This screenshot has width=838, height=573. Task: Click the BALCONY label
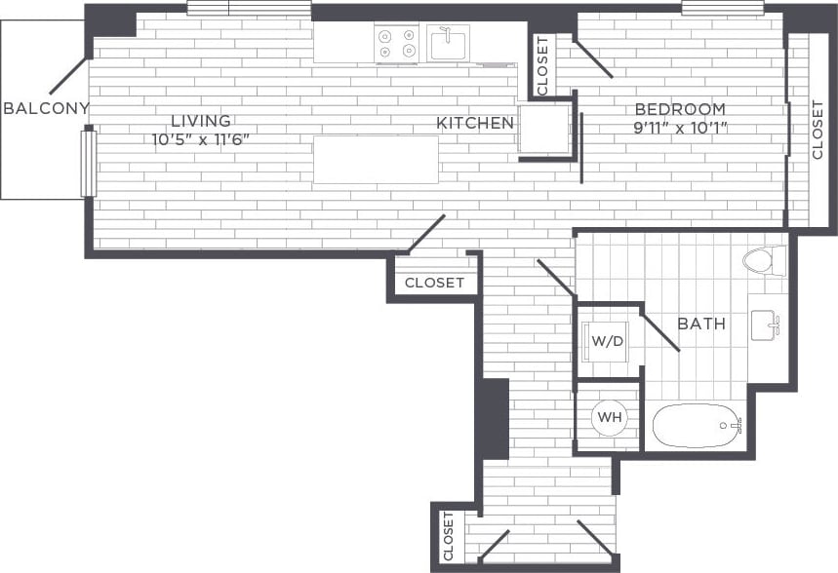coord(46,108)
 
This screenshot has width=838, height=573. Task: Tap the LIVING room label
coord(201,121)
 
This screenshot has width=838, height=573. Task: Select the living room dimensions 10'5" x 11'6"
coord(201,139)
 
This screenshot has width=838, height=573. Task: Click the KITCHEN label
coord(475,123)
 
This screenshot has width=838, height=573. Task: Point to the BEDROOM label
coord(680,109)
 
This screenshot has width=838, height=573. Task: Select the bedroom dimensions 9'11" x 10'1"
coord(680,127)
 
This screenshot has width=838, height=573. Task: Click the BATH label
coord(701,324)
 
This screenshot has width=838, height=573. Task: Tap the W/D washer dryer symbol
coord(607,341)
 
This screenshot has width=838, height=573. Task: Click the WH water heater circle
coord(610,417)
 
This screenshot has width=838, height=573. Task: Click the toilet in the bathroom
coord(764,260)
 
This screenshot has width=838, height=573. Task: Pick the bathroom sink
coord(766,324)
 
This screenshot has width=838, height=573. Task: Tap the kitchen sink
coord(448,43)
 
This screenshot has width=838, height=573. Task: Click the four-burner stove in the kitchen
coord(397,44)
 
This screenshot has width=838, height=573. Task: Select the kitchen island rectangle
coord(376,160)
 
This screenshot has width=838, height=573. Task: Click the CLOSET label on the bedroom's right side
coord(818,130)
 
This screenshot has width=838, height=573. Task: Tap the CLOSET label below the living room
coord(434,283)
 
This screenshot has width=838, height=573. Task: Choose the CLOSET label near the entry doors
coord(449,536)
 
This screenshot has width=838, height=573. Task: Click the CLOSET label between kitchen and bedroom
coord(542,65)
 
